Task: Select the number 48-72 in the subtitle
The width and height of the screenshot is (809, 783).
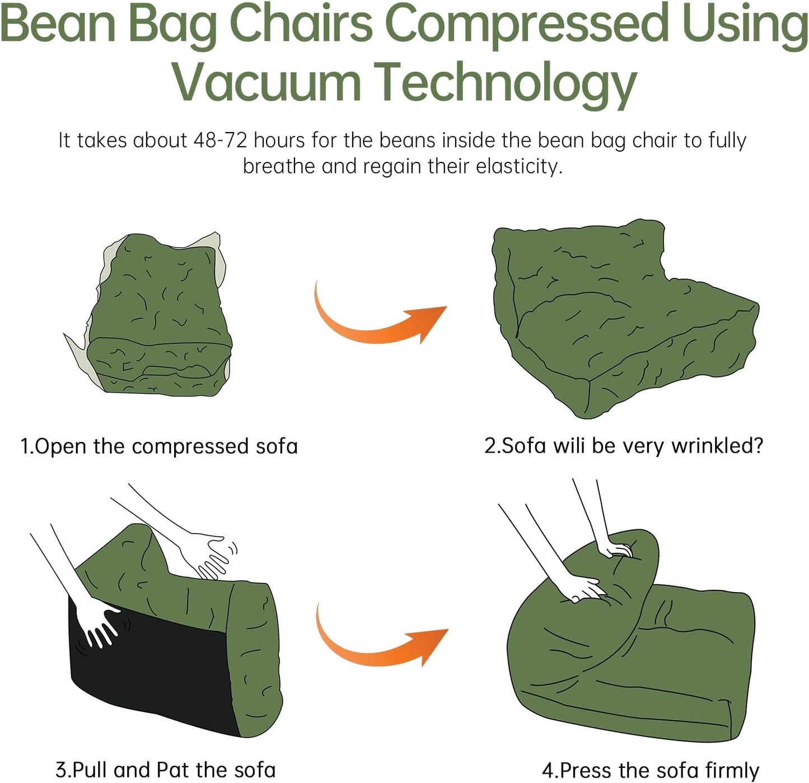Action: pos(219,140)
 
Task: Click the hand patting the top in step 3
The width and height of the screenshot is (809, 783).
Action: pos(210,554)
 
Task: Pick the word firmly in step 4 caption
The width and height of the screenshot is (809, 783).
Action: pos(731,770)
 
